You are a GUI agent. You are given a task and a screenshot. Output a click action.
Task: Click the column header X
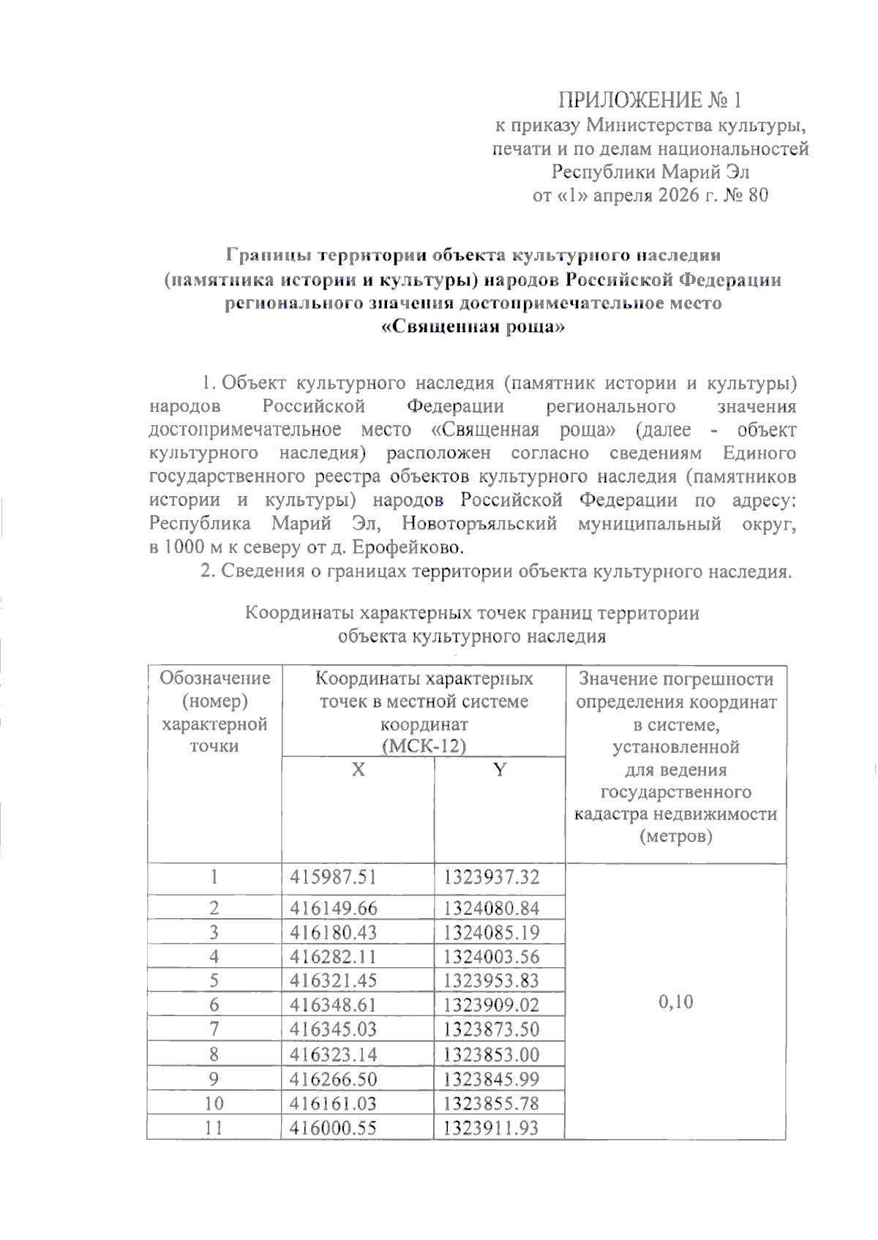tap(358, 770)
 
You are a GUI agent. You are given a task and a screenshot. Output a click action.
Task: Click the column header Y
tap(499, 770)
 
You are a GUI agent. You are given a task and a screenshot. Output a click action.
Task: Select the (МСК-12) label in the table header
tap(424, 746)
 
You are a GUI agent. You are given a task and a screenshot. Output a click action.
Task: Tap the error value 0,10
tap(675, 1002)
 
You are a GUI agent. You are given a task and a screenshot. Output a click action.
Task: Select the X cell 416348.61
tap(333, 1005)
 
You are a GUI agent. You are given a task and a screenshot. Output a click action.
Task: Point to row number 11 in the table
tap(214, 1127)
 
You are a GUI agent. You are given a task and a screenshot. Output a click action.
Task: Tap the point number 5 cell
tap(214, 981)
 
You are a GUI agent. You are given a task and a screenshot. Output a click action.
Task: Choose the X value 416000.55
tap(333, 1127)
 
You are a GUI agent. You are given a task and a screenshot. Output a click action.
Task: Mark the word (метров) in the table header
tap(675, 836)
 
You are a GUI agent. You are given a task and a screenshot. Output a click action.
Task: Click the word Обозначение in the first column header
tap(214, 678)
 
